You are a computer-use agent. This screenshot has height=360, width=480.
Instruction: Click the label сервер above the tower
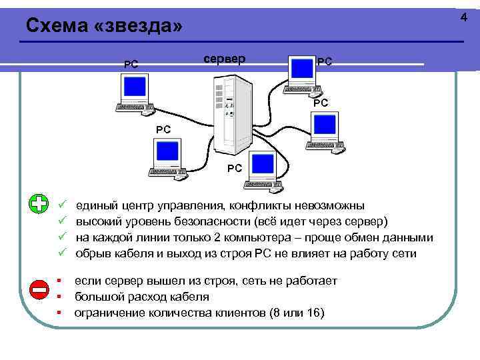click(224, 59)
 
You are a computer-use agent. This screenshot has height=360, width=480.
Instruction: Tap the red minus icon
click(39, 289)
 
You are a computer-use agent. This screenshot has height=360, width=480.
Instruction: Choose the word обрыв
click(93, 254)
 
